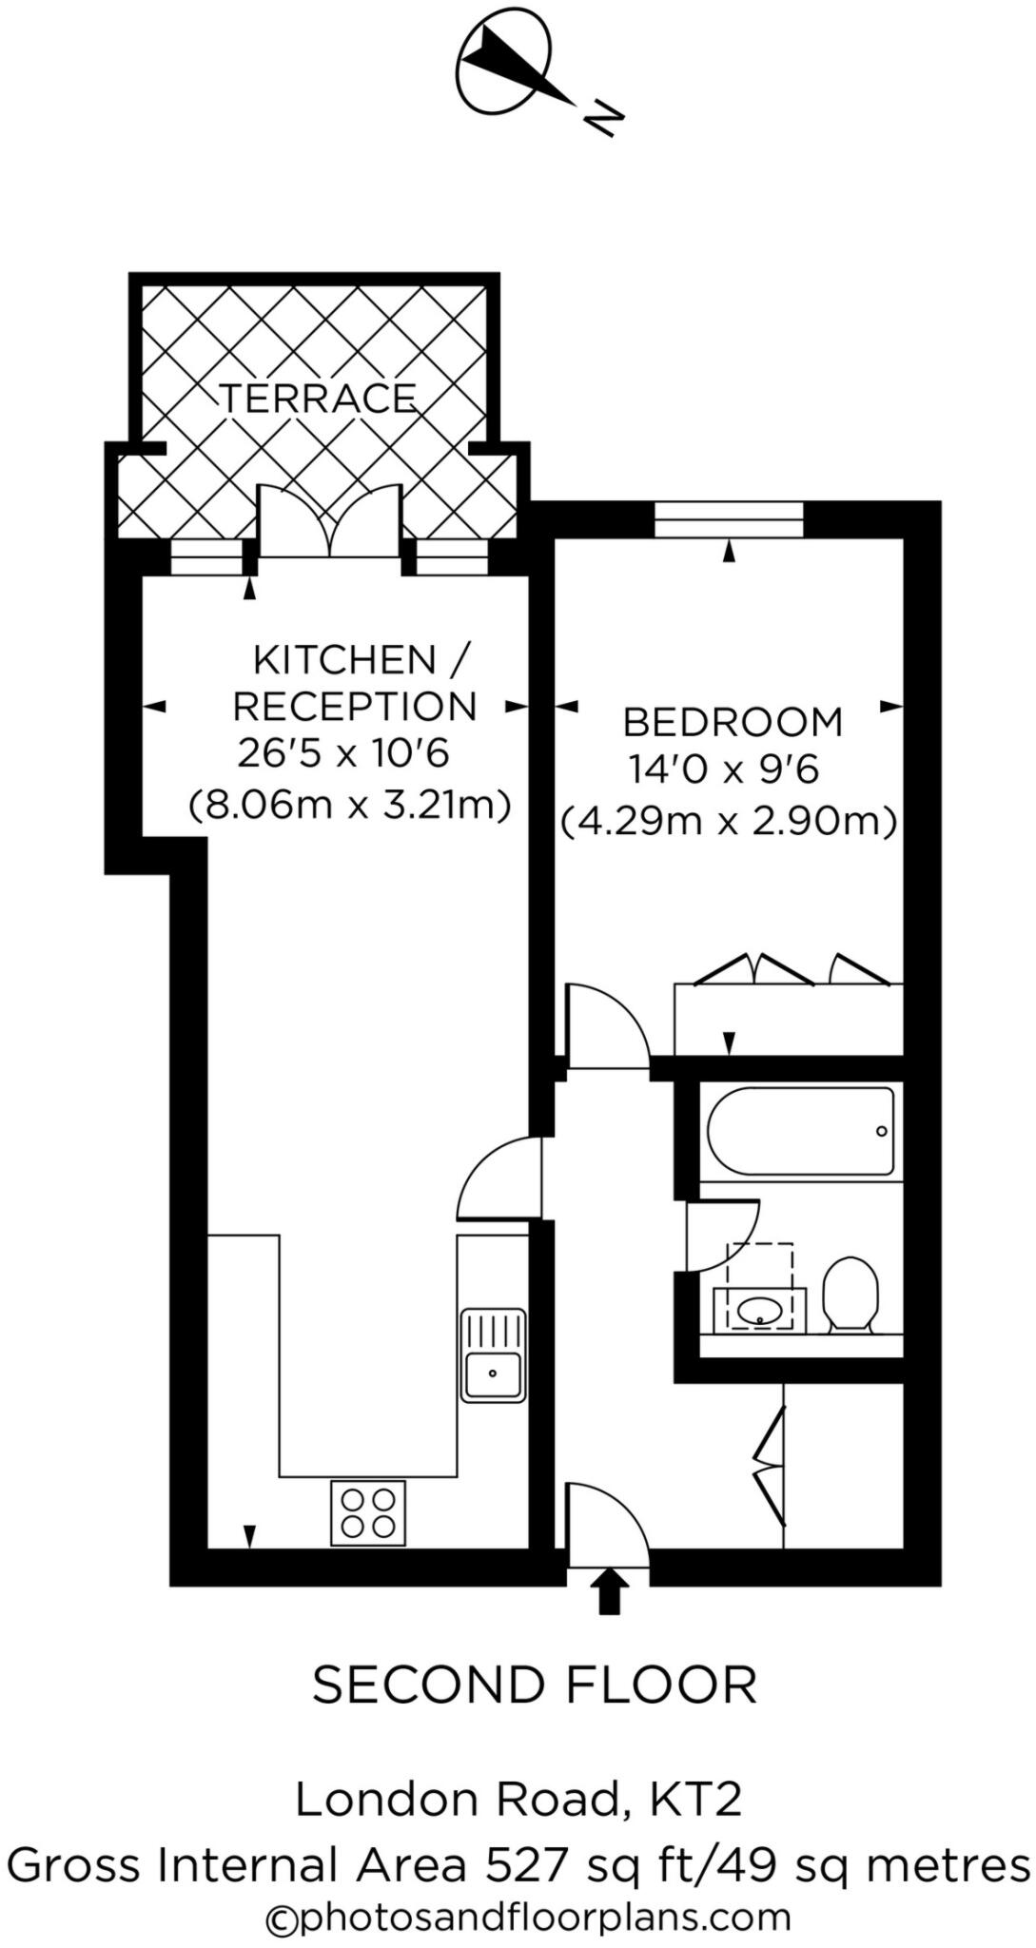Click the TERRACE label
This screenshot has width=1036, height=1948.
coord(318,398)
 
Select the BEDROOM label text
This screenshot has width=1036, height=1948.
coord(733,722)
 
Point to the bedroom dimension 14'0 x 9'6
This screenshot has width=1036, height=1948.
coord(723,769)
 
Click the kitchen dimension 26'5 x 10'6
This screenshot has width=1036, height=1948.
coord(343,754)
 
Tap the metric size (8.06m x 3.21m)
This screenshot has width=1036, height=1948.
coord(350,805)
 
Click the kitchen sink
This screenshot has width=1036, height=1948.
coord(493,1355)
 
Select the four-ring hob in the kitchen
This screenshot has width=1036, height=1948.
coord(367,1512)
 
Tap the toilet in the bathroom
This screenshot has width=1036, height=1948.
coord(849,1295)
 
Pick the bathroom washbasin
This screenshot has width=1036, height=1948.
coord(759,1312)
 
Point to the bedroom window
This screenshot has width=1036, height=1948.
coord(729,520)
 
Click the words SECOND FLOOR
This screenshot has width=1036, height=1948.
coord(535,1685)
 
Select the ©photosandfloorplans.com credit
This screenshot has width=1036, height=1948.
coord(528,1918)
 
